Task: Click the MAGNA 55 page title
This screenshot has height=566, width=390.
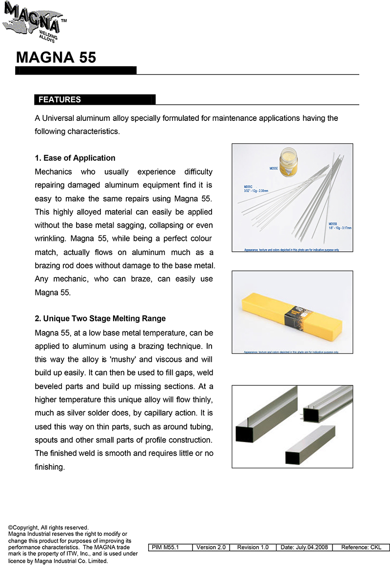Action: pyautogui.click(x=56, y=58)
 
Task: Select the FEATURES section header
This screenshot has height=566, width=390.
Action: pyautogui.click(x=60, y=99)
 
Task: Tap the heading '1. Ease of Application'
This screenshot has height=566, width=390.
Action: pyautogui.click(x=75, y=158)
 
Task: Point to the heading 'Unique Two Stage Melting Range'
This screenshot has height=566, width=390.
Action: pyautogui.click(x=104, y=318)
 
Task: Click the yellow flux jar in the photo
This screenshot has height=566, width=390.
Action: pyautogui.click(x=292, y=164)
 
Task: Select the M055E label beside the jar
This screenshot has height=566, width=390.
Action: pyautogui.click(x=273, y=168)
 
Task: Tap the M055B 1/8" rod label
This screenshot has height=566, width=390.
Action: pyautogui.click(x=340, y=226)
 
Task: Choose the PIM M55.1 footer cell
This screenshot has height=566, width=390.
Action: pyautogui.click(x=165, y=547)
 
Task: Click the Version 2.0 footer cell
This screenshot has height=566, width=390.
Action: pyautogui.click(x=211, y=547)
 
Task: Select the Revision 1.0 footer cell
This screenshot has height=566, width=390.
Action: pyautogui.click(x=253, y=547)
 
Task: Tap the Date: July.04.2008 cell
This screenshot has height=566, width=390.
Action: pyautogui.click(x=304, y=547)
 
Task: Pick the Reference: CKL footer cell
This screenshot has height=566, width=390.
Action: pyautogui.click(x=361, y=547)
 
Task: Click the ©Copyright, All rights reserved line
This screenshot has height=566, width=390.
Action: pyautogui.click(x=48, y=527)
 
